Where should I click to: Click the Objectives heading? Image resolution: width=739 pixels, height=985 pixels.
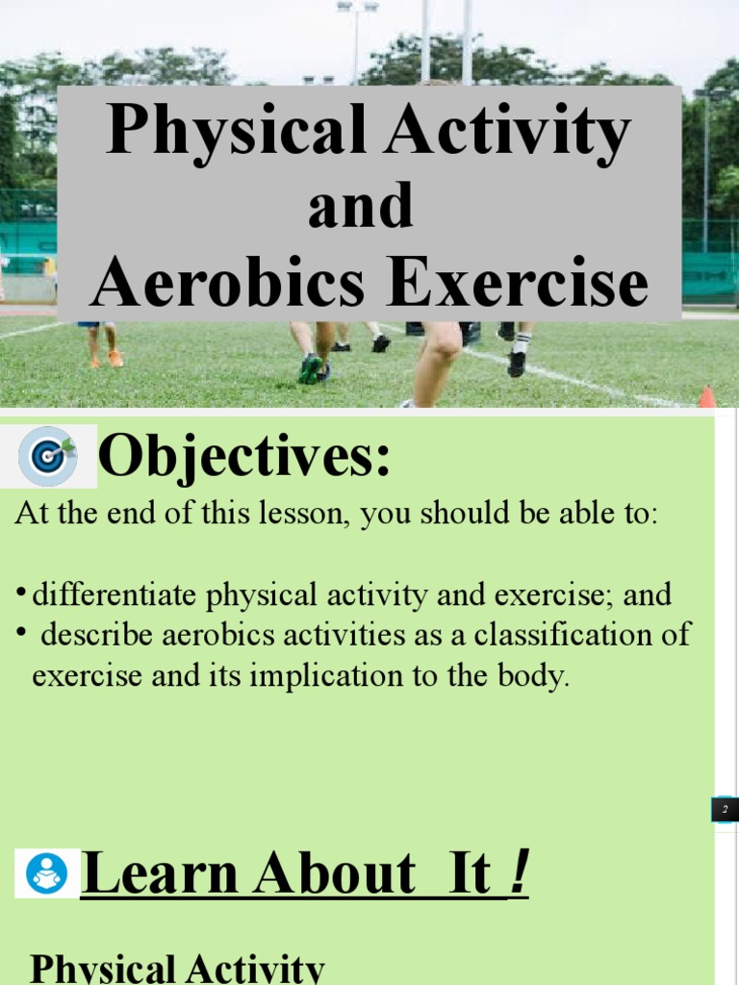(x=244, y=457)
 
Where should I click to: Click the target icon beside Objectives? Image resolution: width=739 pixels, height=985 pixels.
(x=55, y=455)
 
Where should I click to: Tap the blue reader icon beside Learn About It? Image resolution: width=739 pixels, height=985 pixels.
(x=46, y=873)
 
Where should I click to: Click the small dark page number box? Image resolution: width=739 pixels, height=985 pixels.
(x=725, y=809)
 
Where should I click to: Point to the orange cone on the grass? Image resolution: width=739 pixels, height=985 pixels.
(x=707, y=396)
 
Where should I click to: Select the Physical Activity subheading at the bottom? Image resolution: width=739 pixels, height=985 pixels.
(x=177, y=968)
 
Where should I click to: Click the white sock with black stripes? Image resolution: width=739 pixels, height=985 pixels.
(x=521, y=344)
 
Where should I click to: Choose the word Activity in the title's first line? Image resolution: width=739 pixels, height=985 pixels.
(x=507, y=132)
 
